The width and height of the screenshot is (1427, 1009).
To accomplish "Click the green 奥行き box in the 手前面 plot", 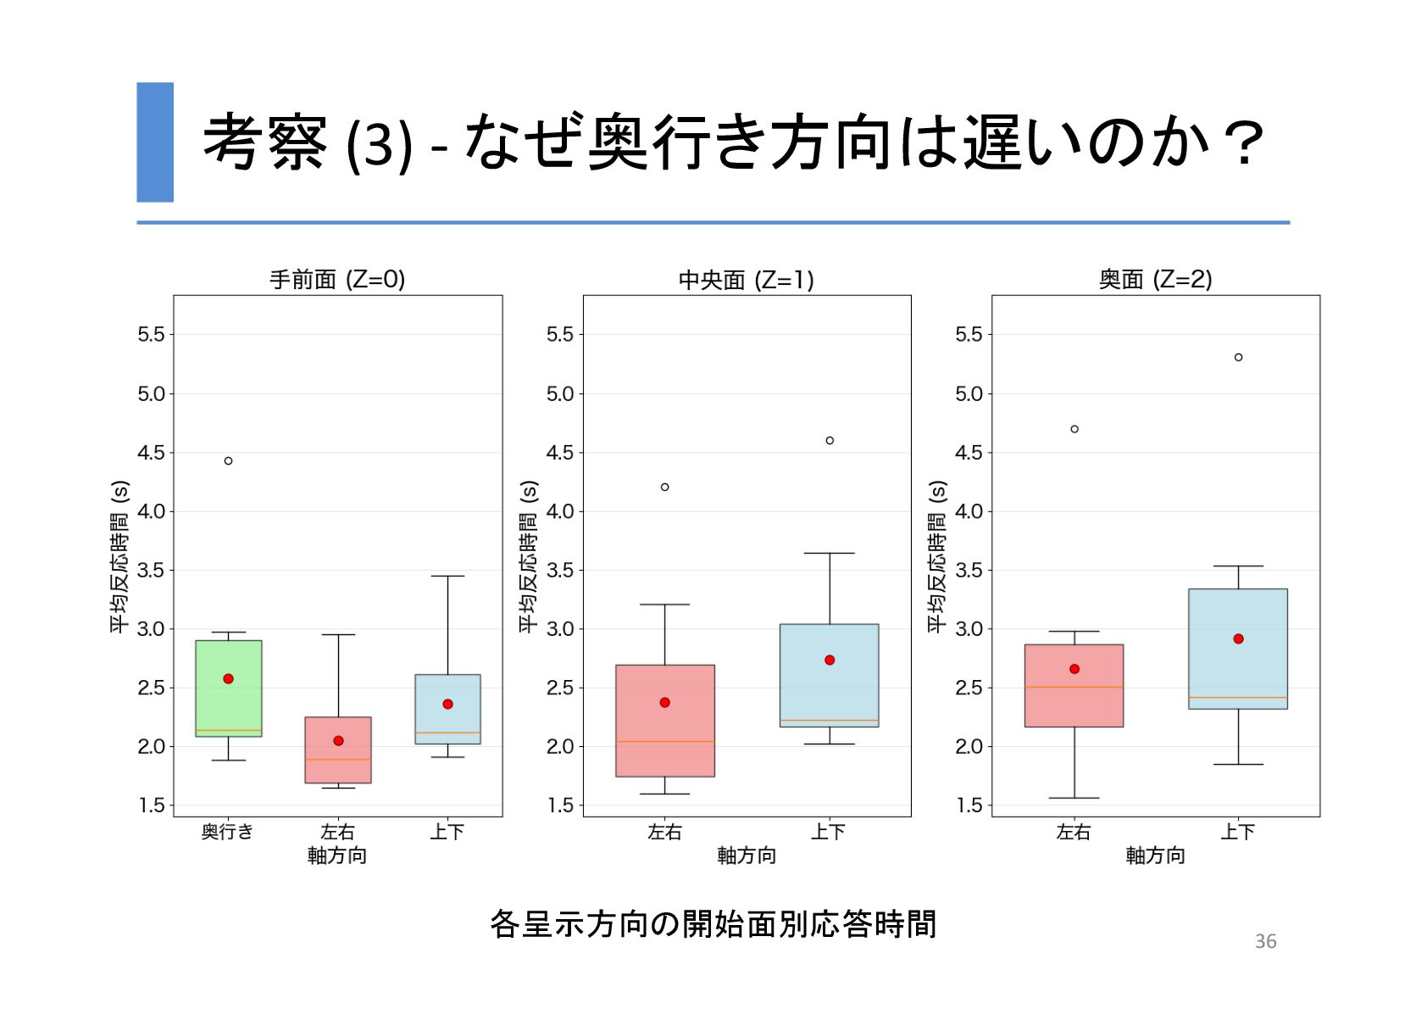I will click(x=228, y=704).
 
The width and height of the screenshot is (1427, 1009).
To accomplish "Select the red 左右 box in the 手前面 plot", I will click(x=337, y=767).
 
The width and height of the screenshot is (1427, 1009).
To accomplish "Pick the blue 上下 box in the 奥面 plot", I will click(x=1237, y=670).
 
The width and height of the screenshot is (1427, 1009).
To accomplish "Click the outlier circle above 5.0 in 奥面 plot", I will click(x=1238, y=357).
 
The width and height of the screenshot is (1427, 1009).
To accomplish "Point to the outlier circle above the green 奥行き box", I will click(x=228, y=460).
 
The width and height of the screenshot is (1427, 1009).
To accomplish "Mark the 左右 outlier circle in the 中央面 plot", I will click(x=664, y=487).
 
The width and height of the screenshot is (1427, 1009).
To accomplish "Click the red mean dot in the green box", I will click(x=228, y=678).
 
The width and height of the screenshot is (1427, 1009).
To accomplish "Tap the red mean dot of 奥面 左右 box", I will click(x=1074, y=669).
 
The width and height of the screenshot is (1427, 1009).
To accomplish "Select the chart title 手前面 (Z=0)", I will click(x=337, y=279).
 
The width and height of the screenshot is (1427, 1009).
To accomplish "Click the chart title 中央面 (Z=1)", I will click(x=746, y=279).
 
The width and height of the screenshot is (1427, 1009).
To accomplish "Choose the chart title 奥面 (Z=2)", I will click(x=1155, y=279).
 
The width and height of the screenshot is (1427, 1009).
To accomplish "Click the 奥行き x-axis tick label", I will click(x=227, y=832).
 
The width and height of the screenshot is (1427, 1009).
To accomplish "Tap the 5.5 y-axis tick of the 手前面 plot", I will click(x=151, y=334).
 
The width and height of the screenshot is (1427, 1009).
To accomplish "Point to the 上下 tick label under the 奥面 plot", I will click(x=1237, y=832).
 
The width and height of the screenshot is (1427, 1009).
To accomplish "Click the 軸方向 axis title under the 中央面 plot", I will click(x=746, y=856).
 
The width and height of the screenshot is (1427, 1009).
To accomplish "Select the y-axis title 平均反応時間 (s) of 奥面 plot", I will click(x=936, y=556).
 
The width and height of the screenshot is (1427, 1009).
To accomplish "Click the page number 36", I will click(x=1265, y=941).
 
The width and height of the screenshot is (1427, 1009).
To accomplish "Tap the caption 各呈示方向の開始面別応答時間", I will click(x=713, y=923).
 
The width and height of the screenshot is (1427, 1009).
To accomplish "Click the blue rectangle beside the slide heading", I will click(x=155, y=142).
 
